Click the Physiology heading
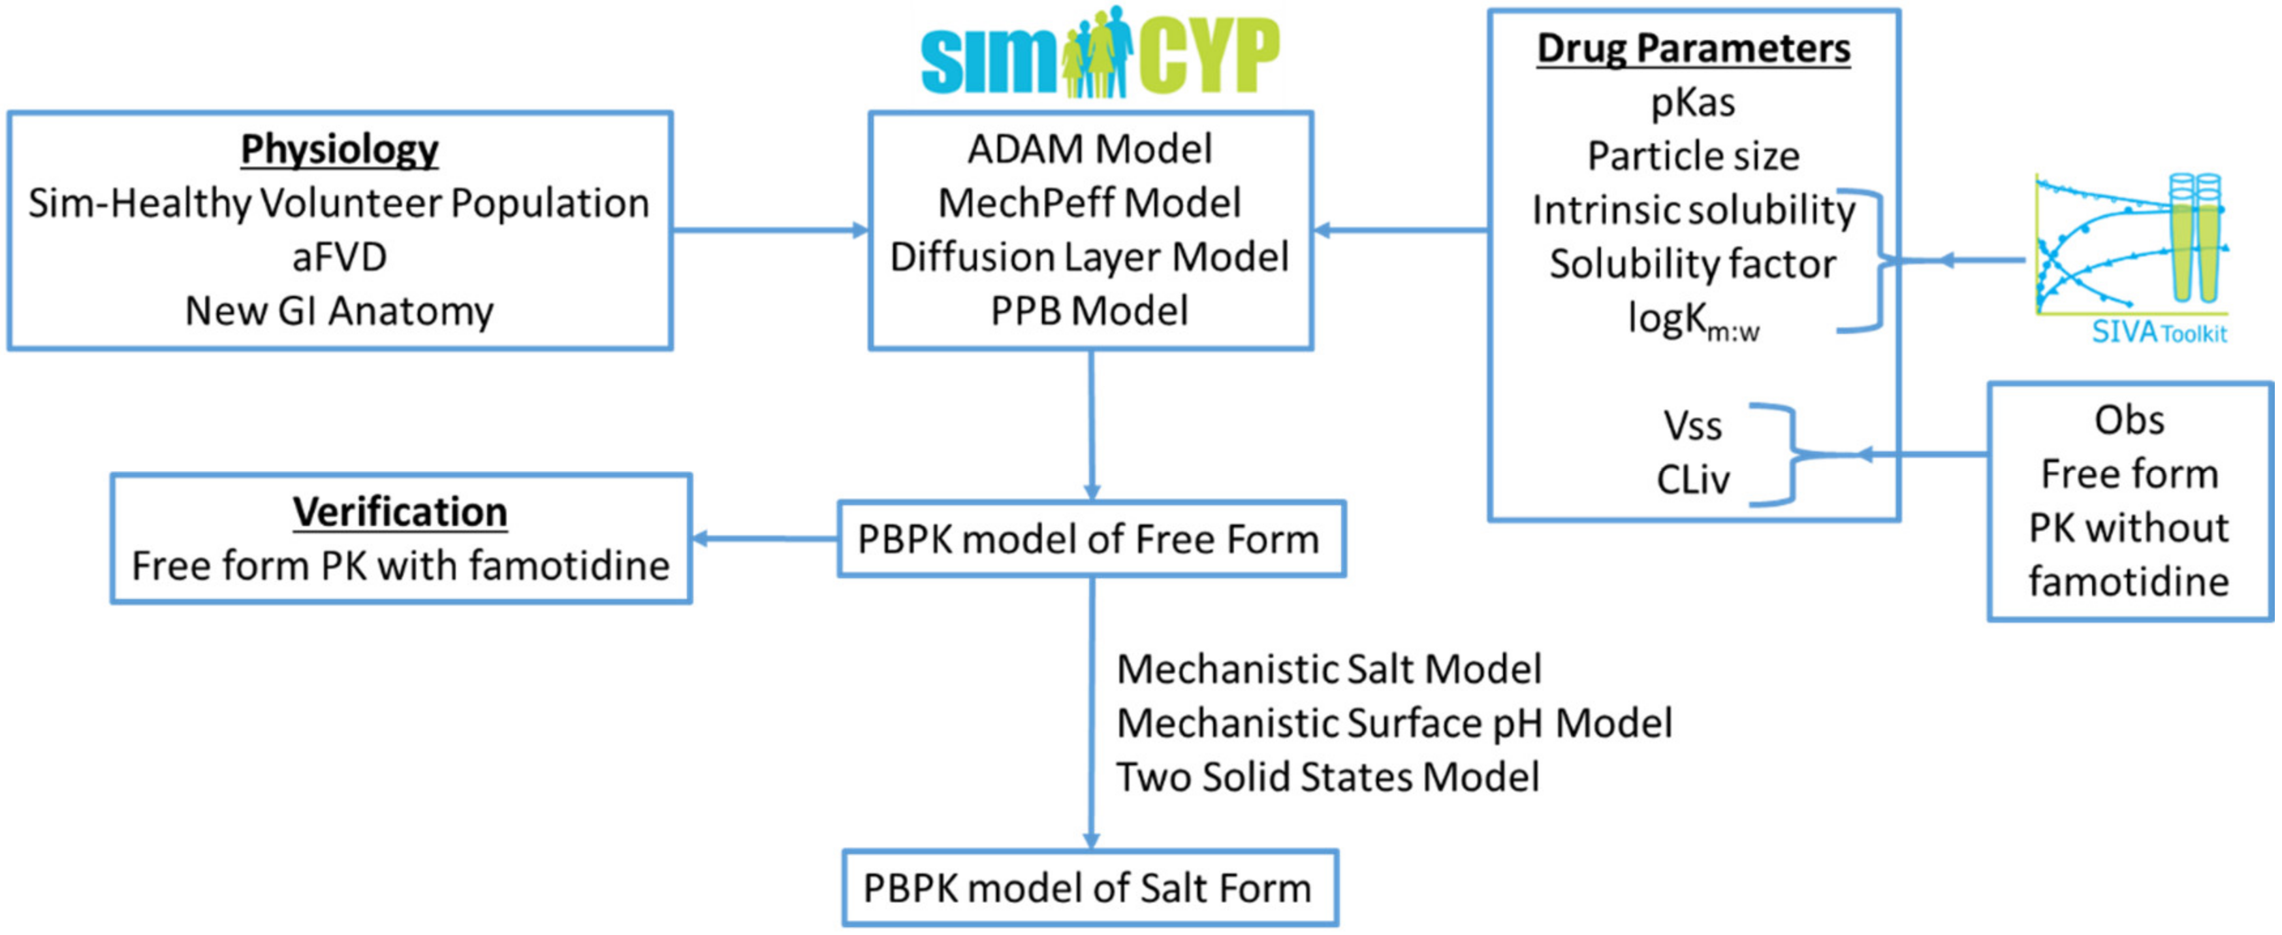[340, 149]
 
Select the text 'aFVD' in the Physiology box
[340, 257]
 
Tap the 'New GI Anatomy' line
[340, 311]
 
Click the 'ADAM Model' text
[1090, 149]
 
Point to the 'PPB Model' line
[1090, 311]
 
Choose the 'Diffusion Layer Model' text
[1090, 257]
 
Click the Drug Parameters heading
[1693, 48]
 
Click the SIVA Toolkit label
[2159, 333]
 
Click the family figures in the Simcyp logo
[1098, 53]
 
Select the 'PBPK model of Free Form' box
[1090, 539]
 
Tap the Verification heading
[400, 512]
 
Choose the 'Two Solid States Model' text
[1327, 778]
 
